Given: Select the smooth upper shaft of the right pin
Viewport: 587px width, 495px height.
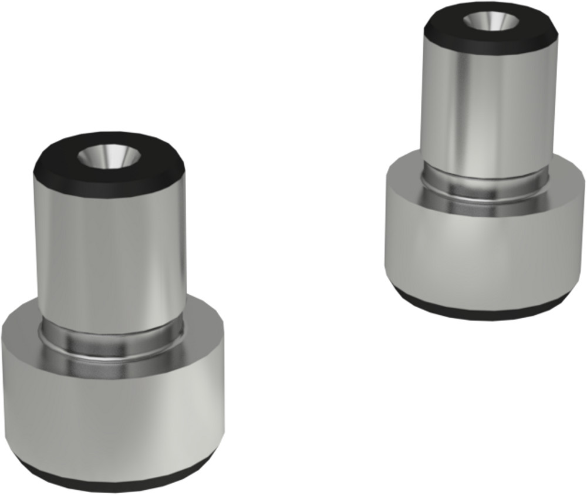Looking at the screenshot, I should point(487,112).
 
